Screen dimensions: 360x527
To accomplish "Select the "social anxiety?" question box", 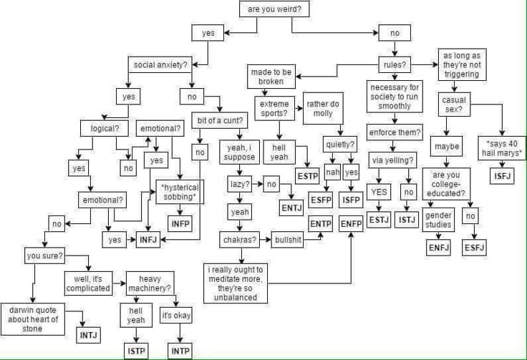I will (161, 65).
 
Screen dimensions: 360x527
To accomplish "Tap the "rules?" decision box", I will (395, 65).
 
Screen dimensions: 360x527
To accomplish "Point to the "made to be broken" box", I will (271, 77).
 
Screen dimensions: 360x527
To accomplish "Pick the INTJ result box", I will (89, 334).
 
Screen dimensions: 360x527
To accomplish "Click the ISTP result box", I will (136, 351).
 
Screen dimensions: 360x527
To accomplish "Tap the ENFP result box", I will (352, 224).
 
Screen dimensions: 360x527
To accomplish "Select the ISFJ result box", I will (502, 176).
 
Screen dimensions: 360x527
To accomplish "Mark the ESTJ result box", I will (379, 220).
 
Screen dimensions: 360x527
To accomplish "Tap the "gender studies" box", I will (438, 220).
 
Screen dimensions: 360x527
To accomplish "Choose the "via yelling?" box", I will (391, 160).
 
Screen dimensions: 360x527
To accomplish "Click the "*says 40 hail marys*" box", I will (502, 148).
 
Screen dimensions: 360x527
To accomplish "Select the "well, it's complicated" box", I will (88, 283).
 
